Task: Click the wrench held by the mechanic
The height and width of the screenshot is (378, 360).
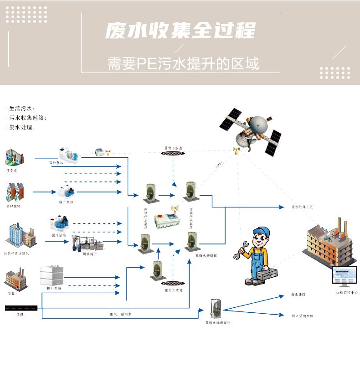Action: [x=241, y=251]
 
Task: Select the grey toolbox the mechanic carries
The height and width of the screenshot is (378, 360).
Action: [x=267, y=276]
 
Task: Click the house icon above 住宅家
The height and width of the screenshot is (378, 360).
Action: [x=14, y=157]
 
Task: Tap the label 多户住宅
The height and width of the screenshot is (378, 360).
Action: [x=13, y=206]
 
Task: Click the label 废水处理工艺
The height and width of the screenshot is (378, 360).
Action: [x=302, y=207]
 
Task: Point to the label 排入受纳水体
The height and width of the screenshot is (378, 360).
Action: [x=302, y=316]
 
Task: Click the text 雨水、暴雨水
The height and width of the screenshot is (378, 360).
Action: [x=120, y=314]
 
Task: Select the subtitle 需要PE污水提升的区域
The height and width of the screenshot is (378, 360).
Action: [x=183, y=63]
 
